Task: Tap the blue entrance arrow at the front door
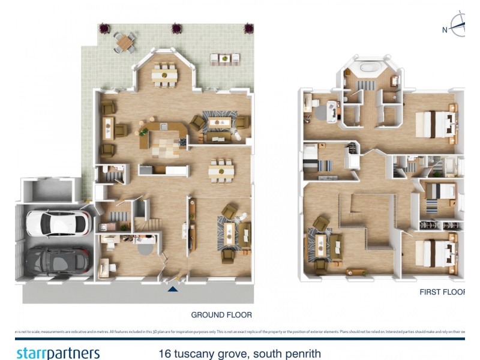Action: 173,289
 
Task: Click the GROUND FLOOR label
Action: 221,314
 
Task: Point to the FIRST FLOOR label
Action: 443,292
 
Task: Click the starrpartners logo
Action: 58,353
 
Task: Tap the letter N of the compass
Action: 445,30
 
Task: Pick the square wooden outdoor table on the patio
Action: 125,41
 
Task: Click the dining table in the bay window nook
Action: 161,75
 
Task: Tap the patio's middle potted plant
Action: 176,28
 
